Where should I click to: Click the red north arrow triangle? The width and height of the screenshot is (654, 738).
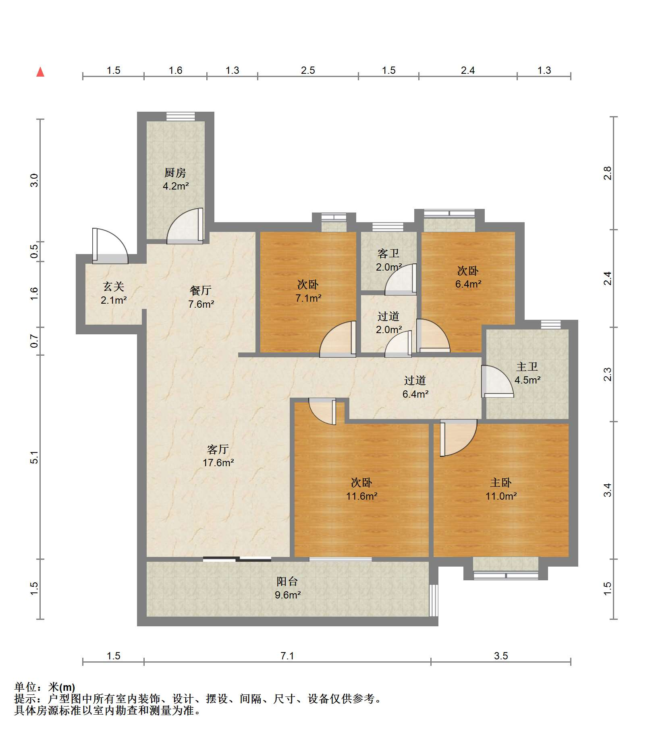40,72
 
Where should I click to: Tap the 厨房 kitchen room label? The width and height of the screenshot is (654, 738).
175,173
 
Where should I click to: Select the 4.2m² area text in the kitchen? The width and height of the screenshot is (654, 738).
176,186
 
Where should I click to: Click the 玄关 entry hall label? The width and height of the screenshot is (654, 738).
114,286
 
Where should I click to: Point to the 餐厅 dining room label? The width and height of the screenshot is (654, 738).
201,290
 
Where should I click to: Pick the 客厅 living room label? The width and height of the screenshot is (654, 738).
218,449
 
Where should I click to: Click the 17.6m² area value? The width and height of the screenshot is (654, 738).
218,463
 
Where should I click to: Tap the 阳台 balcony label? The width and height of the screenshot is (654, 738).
287,581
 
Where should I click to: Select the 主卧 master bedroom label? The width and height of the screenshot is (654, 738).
501,482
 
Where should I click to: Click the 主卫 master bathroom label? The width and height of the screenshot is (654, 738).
527,366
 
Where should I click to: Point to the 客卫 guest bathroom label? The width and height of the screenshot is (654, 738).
388,253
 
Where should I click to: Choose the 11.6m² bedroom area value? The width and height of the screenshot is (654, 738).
362,496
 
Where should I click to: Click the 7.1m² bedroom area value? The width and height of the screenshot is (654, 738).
308,298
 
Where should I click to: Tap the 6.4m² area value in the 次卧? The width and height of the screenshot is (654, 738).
468,284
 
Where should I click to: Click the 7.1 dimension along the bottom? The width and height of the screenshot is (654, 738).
287,656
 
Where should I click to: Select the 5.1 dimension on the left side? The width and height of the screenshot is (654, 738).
34,457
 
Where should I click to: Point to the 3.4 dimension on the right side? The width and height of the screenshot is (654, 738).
607,490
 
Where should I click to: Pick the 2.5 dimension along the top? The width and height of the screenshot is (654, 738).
308,70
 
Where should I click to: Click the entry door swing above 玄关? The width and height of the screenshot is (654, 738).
110,246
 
